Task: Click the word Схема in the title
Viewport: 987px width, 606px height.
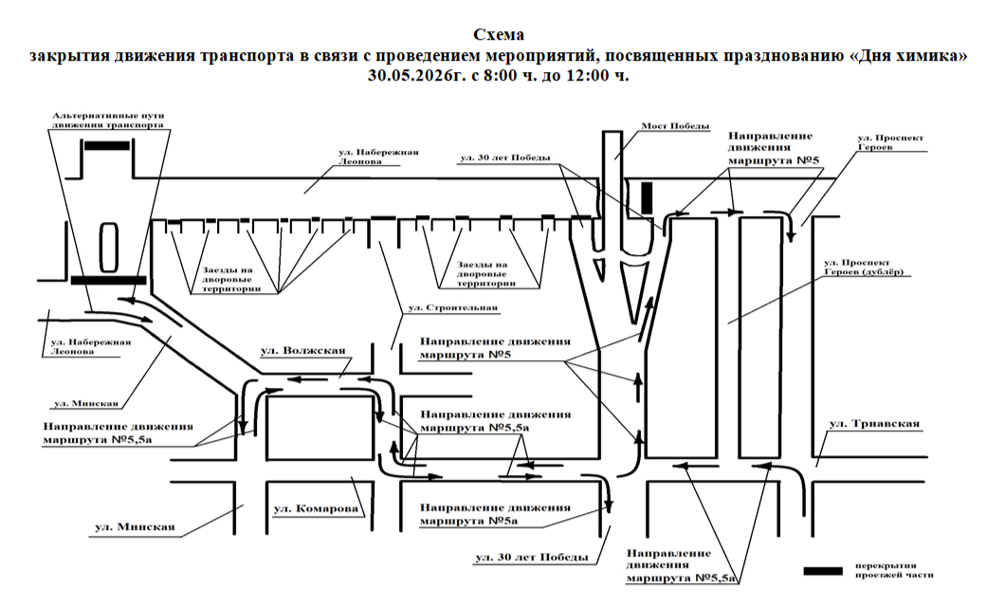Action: (x=499, y=34)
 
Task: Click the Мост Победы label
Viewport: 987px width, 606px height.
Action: (x=675, y=126)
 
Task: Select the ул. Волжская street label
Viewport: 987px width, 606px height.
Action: (x=303, y=350)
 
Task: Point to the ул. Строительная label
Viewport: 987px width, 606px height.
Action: (x=452, y=308)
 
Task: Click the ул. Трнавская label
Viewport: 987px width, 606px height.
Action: (x=874, y=424)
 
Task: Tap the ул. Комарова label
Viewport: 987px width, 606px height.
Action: (x=316, y=509)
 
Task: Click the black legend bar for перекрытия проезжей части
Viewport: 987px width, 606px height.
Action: (x=823, y=571)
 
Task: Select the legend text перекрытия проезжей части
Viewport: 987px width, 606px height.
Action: (x=894, y=570)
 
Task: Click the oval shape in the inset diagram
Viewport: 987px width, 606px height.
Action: (x=109, y=247)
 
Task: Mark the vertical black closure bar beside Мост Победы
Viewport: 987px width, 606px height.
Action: (x=647, y=197)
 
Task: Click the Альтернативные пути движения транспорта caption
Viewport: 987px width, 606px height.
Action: (x=108, y=120)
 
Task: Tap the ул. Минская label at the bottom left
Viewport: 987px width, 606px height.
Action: (x=135, y=527)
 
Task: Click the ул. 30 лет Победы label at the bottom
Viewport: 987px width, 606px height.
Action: (x=532, y=558)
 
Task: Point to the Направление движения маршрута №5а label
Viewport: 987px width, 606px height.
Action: (x=495, y=514)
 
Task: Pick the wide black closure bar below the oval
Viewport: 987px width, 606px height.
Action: (x=108, y=281)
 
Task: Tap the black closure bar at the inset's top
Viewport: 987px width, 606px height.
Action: (x=107, y=145)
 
